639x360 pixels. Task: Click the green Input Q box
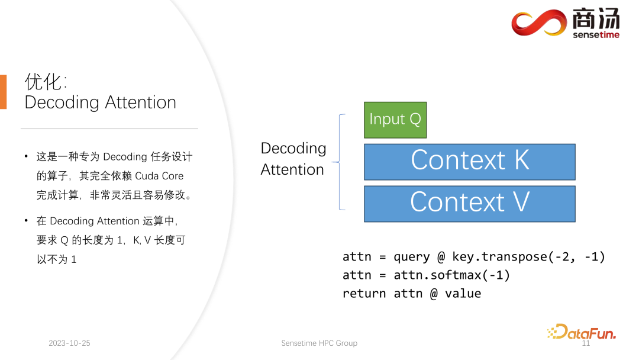(395, 120)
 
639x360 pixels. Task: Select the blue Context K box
(469, 162)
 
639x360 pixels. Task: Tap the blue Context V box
(469, 204)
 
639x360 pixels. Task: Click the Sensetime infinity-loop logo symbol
(539, 22)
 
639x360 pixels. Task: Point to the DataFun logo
(582, 332)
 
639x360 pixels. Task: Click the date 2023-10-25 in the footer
(69, 343)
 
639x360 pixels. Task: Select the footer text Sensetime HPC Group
(319, 343)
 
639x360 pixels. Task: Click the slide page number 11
(586, 343)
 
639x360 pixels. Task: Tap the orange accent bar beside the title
(4, 92)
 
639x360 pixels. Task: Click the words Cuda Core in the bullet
(159, 176)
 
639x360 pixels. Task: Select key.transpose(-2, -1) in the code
(528, 257)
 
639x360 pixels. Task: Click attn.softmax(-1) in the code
(451, 275)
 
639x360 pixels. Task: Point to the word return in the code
(364, 294)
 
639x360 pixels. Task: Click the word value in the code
(463, 294)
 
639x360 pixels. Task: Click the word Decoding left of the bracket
(293, 149)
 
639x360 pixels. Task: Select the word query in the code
(412, 257)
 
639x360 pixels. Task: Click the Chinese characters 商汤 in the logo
(596, 19)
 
